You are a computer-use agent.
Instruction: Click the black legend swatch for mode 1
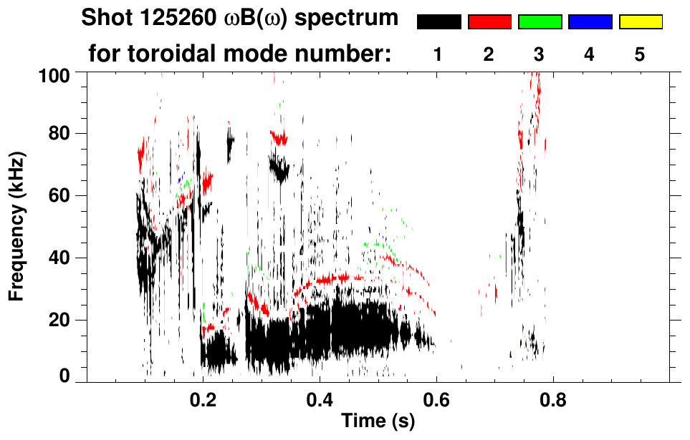tap(439, 22)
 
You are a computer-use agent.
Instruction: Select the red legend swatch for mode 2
tap(489, 22)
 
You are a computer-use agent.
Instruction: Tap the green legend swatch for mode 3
tap(540, 22)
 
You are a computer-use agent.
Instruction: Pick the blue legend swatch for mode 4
tap(590, 22)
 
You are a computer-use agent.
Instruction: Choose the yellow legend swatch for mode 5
tap(640, 22)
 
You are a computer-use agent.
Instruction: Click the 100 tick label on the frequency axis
tap(57, 74)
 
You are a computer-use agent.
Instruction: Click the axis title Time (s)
tap(378, 422)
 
